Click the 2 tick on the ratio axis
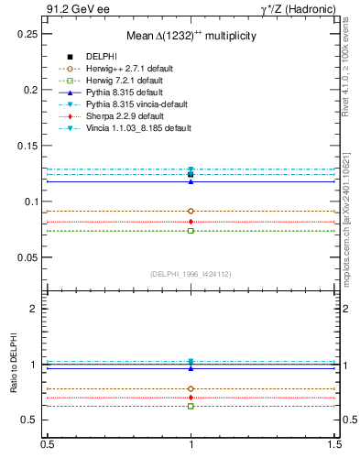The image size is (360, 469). [x=33, y=310]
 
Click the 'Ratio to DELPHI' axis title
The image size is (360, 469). [x=12, y=365]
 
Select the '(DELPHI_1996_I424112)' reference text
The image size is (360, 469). [x=191, y=272]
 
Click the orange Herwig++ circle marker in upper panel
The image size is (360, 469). [x=191, y=211]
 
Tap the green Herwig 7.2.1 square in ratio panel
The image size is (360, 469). [x=191, y=406]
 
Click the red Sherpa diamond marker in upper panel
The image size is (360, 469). [x=191, y=222]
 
